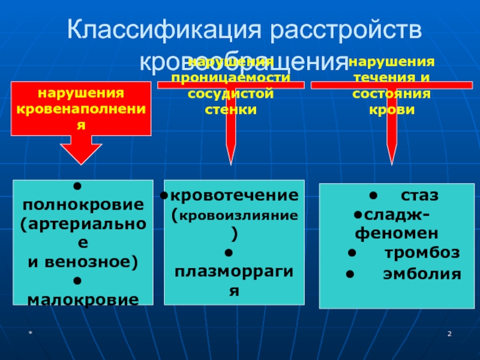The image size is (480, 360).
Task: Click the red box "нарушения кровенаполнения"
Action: [81, 109]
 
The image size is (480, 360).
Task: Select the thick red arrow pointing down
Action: [81, 150]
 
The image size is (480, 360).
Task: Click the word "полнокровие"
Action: [83, 205]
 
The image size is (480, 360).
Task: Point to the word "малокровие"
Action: [83, 298]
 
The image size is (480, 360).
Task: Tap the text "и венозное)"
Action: [83, 261]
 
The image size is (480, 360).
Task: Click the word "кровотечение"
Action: [236, 196]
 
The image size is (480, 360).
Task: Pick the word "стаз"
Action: [419, 196]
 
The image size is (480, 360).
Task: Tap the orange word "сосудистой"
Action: [230, 94]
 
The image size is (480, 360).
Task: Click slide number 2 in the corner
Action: [448, 333]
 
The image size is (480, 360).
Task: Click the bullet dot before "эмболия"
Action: [350, 274]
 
